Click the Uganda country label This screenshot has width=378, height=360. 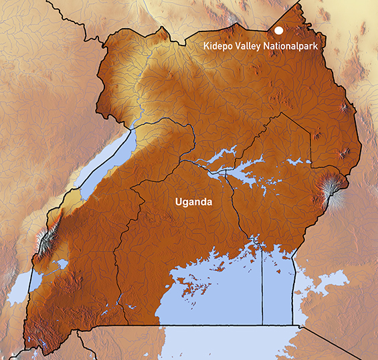[193, 201]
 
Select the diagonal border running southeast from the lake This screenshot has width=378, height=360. [335, 341]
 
